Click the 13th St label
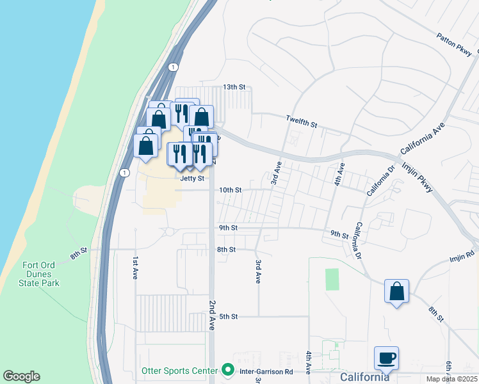click(234, 87)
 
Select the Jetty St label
click(192, 179)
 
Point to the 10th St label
click(230, 190)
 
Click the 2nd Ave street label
click(212, 313)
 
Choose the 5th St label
click(229, 316)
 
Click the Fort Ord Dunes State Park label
click(41, 275)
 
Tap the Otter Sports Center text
click(180, 371)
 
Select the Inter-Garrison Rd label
click(266, 371)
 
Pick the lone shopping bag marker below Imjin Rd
click(397, 291)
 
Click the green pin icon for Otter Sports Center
click(227, 370)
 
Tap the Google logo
click(21, 376)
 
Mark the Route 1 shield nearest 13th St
click(173, 67)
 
